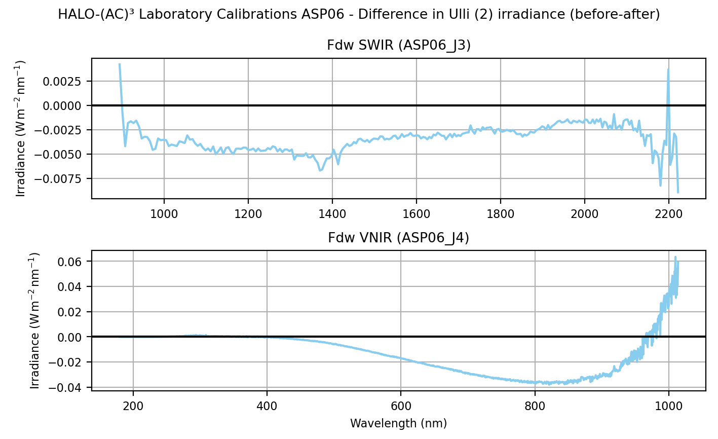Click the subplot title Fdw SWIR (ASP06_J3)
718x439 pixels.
(399, 46)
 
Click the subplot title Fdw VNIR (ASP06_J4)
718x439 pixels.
(399, 238)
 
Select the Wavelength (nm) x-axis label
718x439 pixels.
(398, 423)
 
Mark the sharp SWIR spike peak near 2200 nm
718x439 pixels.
(668, 69)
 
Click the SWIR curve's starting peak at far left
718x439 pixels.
(120, 64)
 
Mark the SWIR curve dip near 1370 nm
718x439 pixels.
(320, 170)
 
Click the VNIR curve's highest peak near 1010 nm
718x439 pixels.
(675, 257)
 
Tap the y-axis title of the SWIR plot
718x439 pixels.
(21, 128)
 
